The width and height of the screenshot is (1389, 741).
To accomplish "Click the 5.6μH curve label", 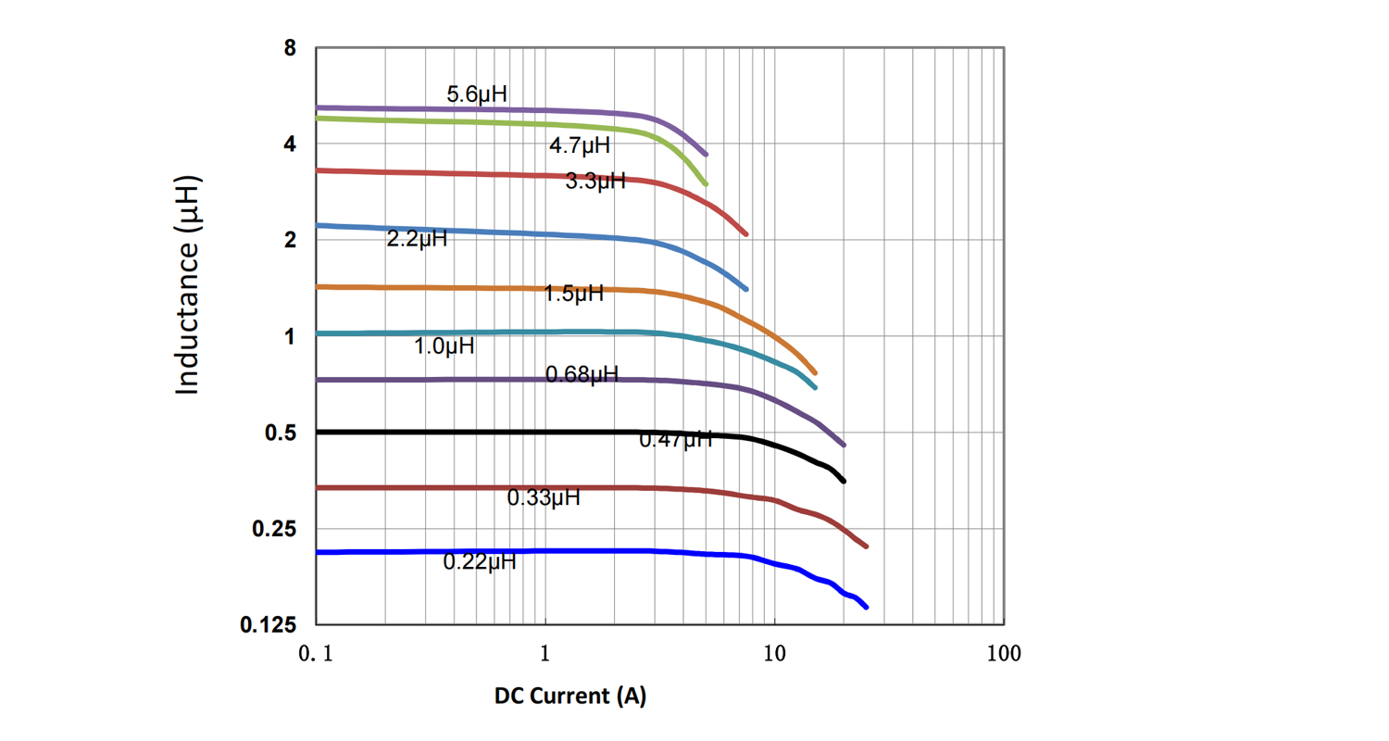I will pos(477,94).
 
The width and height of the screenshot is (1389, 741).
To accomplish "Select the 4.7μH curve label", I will pos(580,145).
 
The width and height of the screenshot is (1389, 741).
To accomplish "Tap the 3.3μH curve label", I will pos(595,182).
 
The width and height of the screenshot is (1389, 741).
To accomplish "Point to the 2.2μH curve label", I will pos(417,240).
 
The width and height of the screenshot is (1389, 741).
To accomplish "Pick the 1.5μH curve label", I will pos(573,295).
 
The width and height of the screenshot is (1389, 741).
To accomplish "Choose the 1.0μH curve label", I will pos(444,347).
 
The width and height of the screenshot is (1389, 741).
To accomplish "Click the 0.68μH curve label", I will pos(582,375).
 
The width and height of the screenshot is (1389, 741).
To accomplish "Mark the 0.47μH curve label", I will pos(676,440).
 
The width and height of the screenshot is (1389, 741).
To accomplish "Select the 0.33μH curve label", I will pos(544,498).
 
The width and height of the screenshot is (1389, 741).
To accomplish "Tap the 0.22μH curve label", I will pos(480,561).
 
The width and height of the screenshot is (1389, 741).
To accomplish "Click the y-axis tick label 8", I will pos(289,48).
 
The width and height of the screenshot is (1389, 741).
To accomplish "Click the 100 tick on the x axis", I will pos(1004,654).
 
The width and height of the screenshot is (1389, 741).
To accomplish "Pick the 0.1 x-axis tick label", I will pos(316,654).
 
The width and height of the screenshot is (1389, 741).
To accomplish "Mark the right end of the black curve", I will pos(843,481).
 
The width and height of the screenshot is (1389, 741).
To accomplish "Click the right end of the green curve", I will pos(706,184).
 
